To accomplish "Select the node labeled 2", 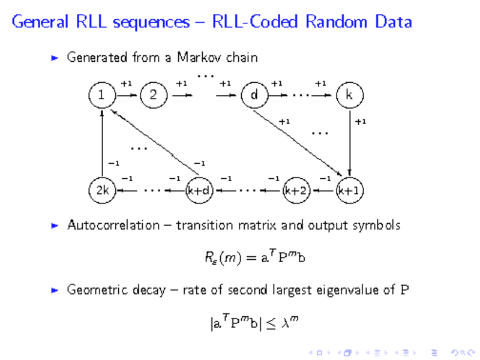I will (x=154, y=95).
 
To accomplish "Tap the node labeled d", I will (x=254, y=95).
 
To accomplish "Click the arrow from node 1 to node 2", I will (x=127, y=95).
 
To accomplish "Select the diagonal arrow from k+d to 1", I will (x=151, y=143).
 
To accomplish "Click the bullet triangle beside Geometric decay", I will (x=55, y=290).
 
